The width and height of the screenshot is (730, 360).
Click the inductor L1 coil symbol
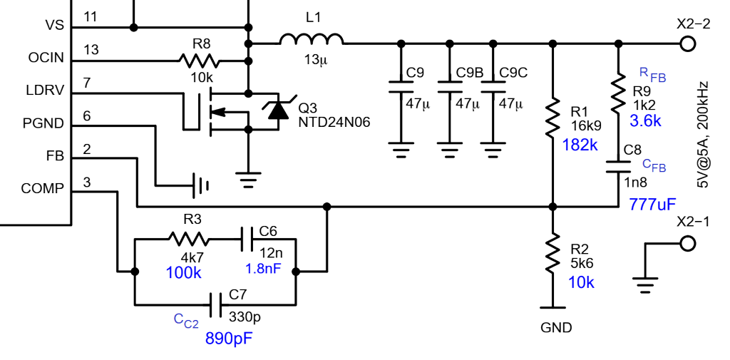point(311,40)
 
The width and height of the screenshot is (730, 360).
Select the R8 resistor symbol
point(196,61)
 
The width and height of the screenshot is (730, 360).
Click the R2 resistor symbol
point(552,255)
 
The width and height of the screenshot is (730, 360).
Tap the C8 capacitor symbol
point(619,167)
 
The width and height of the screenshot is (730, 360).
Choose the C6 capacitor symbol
point(247,238)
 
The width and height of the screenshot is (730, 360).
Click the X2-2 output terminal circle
point(687,43)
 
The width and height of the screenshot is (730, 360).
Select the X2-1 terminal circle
point(687,243)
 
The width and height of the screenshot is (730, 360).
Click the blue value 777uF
point(652,205)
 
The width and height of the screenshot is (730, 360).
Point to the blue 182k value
point(580,145)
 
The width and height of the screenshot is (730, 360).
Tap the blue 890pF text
point(229,338)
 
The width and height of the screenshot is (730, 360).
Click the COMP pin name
point(43,189)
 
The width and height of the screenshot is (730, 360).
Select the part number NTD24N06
point(335,123)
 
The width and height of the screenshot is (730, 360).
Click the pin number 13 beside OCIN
point(91,49)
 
